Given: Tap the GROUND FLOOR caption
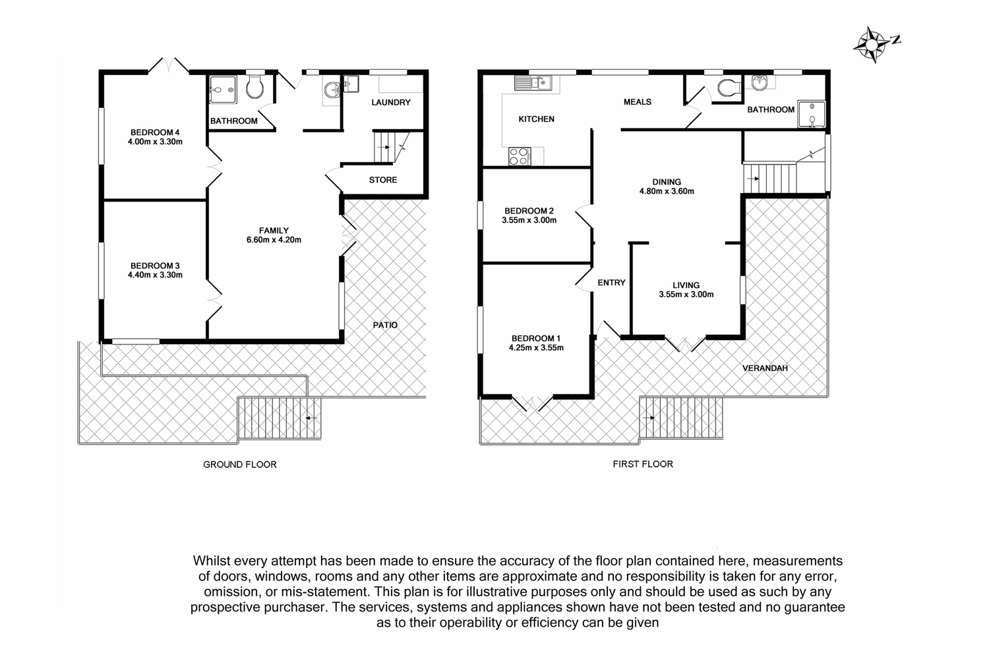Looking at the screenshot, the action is [x=240, y=465].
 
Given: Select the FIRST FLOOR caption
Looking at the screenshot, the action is [x=643, y=464].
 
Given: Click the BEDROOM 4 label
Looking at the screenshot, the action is [x=155, y=132].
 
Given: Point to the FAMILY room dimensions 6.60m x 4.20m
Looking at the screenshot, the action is [x=274, y=240].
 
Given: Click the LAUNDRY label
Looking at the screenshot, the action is [x=391, y=102].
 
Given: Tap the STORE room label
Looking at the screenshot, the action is [x=383, y=180].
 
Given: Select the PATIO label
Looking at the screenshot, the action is [x=385, y=325].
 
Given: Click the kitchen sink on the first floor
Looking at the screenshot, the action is [x=533, y=82].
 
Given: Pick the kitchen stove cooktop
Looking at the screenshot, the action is [x=520, y=156].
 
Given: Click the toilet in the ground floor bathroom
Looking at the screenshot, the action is [x=255, y=87].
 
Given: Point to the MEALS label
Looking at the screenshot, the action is [x=637, y=102].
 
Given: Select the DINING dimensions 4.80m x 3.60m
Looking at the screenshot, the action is [x=667, y=192].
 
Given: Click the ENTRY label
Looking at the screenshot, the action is [x=611, y=283].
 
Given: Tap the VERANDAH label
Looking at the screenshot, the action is [x=765, y=368].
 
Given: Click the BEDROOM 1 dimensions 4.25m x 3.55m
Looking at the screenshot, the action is [x=536, y=348].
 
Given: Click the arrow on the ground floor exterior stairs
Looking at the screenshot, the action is [x=311, y=418].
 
